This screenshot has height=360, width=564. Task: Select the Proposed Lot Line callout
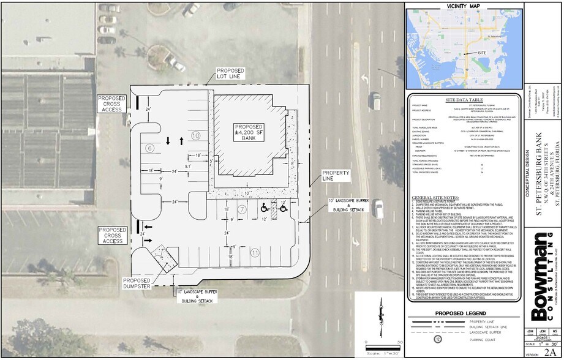230,74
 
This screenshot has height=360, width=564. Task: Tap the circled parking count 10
195,135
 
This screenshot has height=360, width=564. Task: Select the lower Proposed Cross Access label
112,219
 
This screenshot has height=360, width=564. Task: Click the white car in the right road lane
378,208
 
